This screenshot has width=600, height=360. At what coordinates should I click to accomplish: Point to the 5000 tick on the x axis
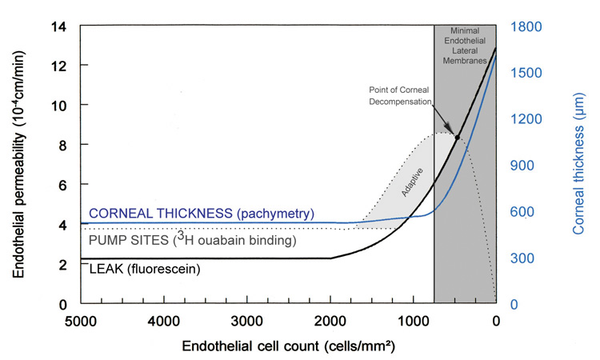pyautogui.click(x=81, y=323)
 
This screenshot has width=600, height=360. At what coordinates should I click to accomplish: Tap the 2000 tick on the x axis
pyautogui.click(x=330, y=323)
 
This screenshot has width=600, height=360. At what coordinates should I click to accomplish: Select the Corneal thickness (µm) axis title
pyautogui.click(x=578, y=165)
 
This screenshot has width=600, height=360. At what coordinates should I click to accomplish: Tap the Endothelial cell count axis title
pyautogui.click(x=288, y=347)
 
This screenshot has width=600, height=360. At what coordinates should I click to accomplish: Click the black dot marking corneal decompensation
pyautogui.click(x=457, y=138)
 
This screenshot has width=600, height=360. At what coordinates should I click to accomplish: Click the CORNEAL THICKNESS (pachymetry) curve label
pyautogui.click(x=202, y=214)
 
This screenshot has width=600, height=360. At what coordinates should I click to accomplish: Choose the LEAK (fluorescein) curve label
pyautogui.click(x=144, y=270)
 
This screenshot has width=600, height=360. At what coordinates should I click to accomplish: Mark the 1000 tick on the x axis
pyautogui.click(x=413, y=323)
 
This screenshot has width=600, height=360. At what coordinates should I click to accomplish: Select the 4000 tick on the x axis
pyautogui.click(x=164, y=323)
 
